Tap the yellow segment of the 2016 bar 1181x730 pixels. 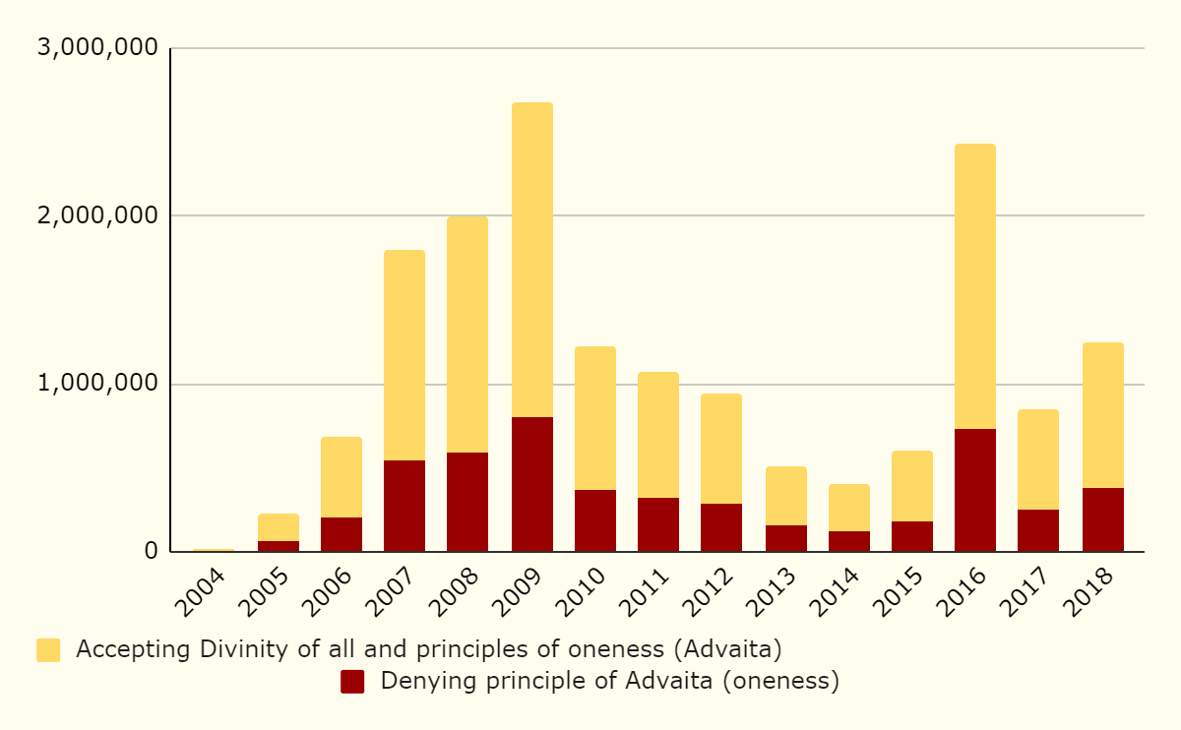coord(974,286)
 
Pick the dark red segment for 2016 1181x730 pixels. coord(974,490)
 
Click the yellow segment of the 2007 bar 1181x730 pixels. coord(404,355)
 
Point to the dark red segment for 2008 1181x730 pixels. coord(467,502)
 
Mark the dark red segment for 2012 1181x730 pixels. coord(721,527)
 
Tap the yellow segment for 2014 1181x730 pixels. coord(848,508)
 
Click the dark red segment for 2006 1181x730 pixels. coord(342,534)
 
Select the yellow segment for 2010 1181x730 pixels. coord(595,418)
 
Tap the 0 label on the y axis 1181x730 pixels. coord(151,551)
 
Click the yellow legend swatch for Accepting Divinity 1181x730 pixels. coord(48,650)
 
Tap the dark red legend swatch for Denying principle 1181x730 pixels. coord(352,681)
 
